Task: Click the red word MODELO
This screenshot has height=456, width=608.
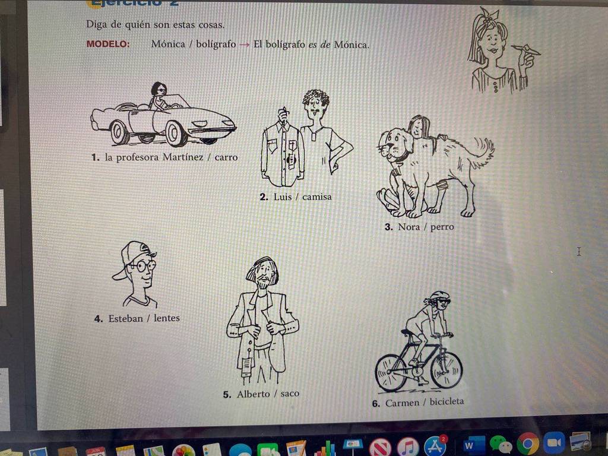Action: coord(108,44)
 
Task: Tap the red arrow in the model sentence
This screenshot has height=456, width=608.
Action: coord(244,45)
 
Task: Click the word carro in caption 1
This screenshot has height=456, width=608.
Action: coord(226,157)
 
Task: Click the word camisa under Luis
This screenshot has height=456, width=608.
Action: coord(317,197)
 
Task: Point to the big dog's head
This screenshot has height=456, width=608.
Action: coord(396,144)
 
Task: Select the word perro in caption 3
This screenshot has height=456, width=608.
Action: coord(442,227)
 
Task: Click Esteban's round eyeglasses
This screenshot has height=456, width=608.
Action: coord(142,265)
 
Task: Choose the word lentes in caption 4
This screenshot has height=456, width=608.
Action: coord(167,318)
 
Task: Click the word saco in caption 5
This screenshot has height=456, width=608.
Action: coord(290,393)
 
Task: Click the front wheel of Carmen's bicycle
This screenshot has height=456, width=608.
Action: coord(446,370)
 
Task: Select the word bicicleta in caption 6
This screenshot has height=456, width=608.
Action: coord(446,401)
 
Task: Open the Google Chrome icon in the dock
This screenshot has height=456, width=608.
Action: coord(527,444)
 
